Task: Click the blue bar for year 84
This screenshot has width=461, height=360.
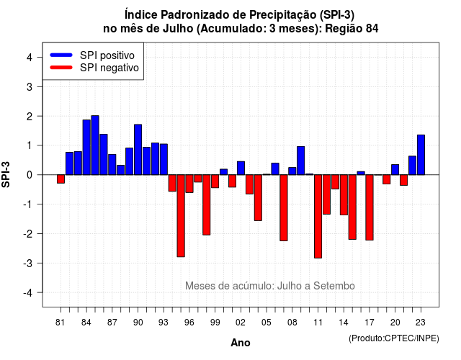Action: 86,147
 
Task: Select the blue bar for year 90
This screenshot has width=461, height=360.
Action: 138,150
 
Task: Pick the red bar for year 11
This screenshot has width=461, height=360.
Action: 318,216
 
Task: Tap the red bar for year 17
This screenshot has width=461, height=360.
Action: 370,207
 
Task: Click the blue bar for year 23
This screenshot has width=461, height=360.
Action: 421,155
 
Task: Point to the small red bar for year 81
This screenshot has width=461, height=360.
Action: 61,179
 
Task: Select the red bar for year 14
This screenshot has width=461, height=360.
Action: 344,195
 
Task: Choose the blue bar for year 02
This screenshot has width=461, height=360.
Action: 241,168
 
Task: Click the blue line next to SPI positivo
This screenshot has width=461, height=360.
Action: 61,55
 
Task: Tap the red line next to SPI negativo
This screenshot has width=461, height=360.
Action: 61,68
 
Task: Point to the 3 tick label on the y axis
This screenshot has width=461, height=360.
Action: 30,87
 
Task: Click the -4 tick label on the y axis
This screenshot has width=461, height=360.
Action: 27,293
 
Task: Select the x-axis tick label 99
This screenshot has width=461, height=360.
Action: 215,323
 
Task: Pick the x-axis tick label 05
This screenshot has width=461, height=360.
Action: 266,323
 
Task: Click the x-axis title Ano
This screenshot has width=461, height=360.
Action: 241,343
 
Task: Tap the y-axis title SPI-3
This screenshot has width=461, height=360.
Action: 6,174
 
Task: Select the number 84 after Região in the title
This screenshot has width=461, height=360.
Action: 372,29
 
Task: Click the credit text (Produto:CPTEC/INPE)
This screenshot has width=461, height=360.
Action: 394,338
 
